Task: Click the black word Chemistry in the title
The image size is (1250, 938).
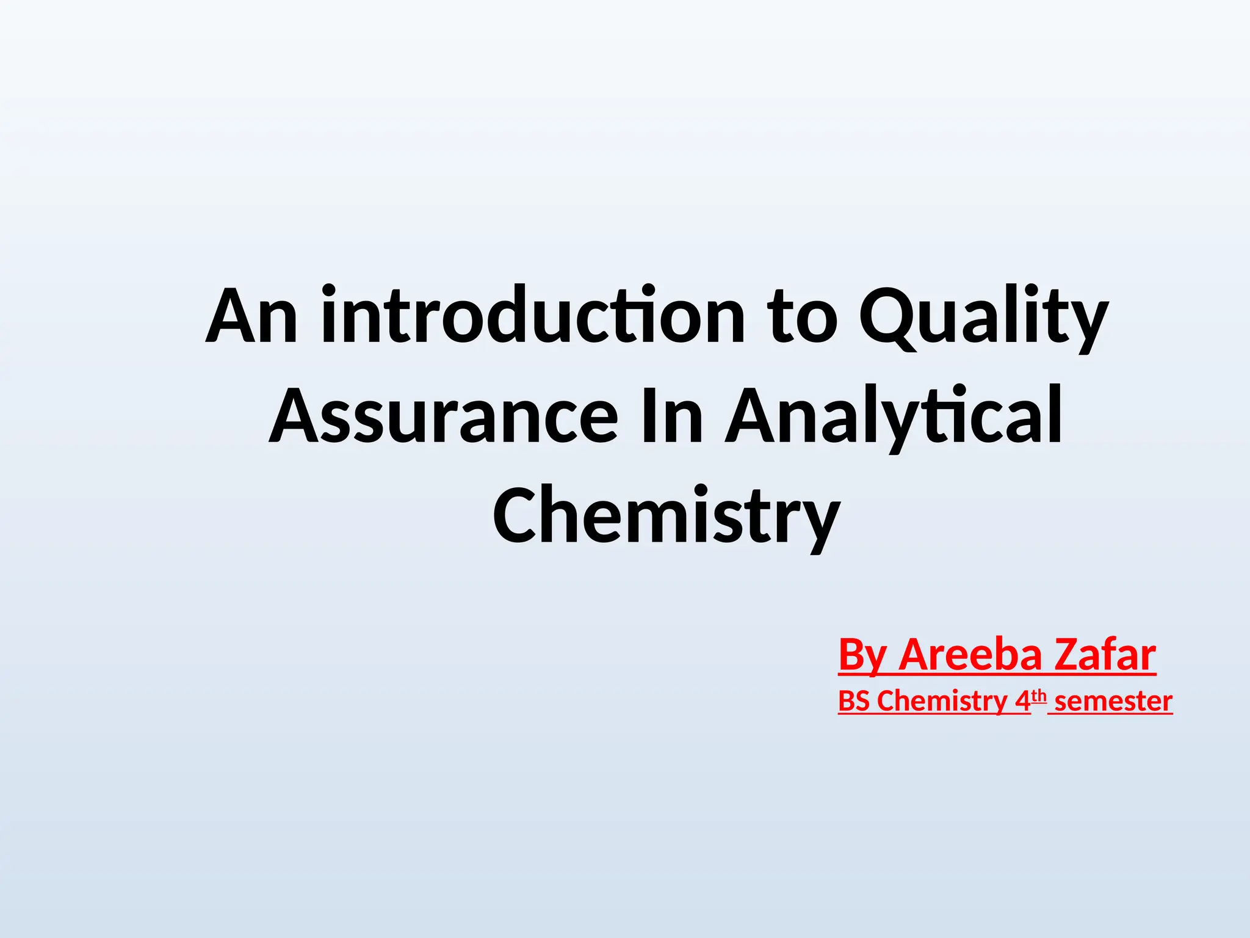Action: coord(667,516)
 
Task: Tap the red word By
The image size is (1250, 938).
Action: coord(862,655)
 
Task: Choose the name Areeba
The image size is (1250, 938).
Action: coord(970,655)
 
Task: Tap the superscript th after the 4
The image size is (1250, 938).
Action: coord(1039,696)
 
